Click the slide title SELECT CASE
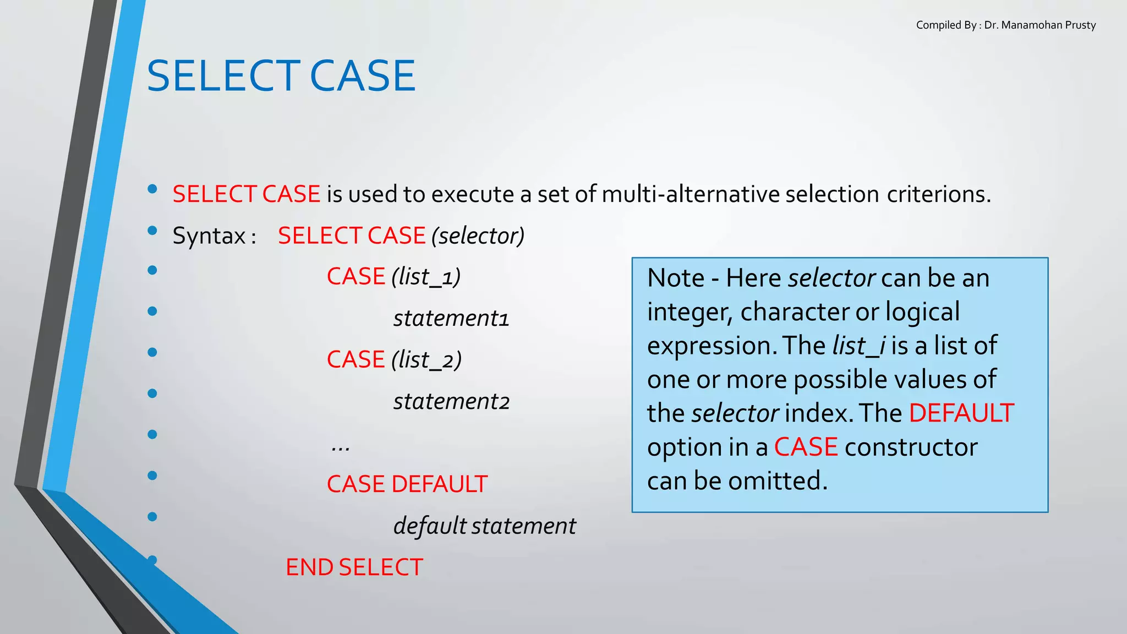(x=281, y=76)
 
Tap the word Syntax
(x=209, y=236)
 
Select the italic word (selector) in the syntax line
(x=478, y=236)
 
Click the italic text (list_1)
(x=426, y=277)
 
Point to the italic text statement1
(x=451, y=318)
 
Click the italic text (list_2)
(x=426, y=360)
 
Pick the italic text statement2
(x=451, y=401)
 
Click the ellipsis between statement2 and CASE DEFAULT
(x=340, y=447)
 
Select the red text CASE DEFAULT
(x=407, y=484)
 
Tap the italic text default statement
(x=484, y=526)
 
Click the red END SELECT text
(x=354, y=567)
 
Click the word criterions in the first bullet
(x=938, y=194)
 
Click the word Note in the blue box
(x=675, y=278)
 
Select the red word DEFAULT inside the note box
(x=961, y=413)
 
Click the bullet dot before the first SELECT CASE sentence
(x=152, y=189)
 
